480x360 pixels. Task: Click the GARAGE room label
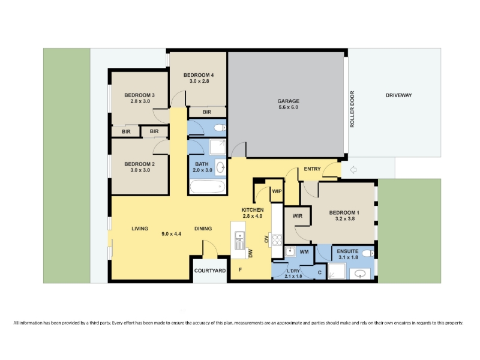(x=289, y=101)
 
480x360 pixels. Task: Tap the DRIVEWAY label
(x=398, y=95)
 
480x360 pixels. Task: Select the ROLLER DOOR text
(x=352, y=109)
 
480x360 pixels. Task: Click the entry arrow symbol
(x=353, y=170)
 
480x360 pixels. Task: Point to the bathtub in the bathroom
(x=207, y=187)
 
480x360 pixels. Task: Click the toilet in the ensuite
(x=368, y=253)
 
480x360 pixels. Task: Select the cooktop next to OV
(x=277, y=239)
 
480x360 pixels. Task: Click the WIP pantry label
(x=277, y=191)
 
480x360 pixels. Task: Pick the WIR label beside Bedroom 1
(x=297, y=216)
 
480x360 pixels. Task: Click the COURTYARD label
(x=210, y=271)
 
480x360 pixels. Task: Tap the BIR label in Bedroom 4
(x=207, y=112)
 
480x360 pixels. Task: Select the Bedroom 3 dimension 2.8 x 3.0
(x=140, y=101)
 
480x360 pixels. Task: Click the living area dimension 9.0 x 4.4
(x=172, y=234)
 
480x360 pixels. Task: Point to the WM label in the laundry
(x=304, y=252)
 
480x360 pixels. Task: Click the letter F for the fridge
(x=241, y=269)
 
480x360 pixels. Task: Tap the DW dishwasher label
(x=250, y=253)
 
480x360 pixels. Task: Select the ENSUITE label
(x=347, y=251)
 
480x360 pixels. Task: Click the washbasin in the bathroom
(x=220, y=167)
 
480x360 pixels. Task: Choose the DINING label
(x=203, y=229)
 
